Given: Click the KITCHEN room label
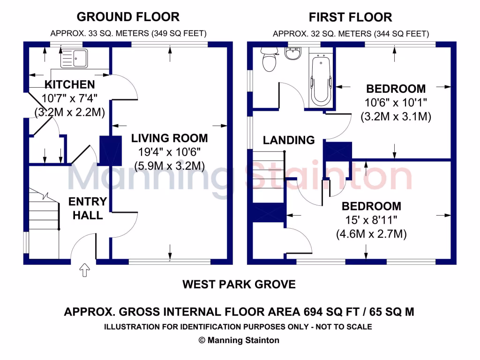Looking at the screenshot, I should coord(69,85).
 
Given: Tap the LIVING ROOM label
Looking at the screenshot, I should coord(169,138).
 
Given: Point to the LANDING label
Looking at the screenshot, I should coord(288,140).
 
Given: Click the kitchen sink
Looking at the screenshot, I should coord(74,58).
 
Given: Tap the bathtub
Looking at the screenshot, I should coord(321,79).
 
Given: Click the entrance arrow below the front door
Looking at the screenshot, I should coord(84,270).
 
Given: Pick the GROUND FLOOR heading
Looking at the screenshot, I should coord(128,17).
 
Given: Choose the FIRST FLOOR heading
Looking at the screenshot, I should coord(350,18).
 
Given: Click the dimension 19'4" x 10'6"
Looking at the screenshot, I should coord(169,152).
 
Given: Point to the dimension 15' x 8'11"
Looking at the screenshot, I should coord(371,220).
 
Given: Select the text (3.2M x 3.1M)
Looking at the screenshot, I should coord(396,117).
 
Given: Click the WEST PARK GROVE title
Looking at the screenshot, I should coord(239,284).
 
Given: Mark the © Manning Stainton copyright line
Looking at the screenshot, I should coord(239,340).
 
